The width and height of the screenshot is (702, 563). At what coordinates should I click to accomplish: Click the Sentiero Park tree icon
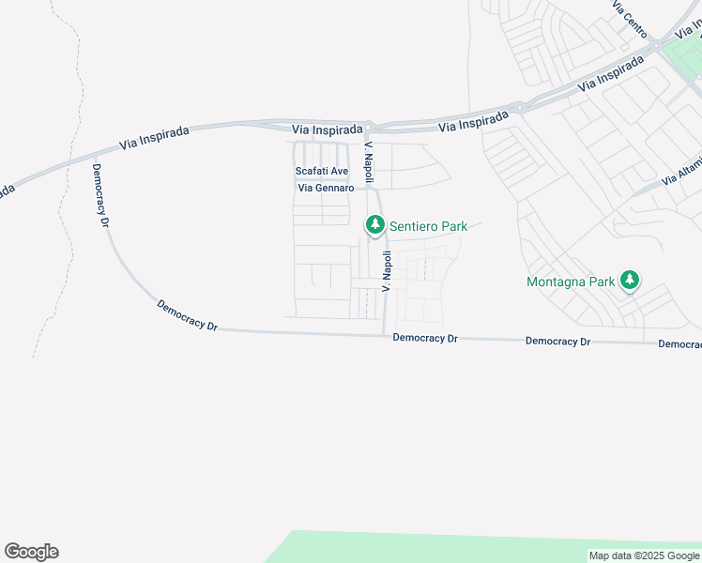[374, 225]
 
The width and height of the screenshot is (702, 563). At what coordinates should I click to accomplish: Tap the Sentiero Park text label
[428, 226]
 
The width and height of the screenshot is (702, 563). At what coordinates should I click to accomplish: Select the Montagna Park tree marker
[632, 281]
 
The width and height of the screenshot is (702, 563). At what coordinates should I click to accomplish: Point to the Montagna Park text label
[571, 281]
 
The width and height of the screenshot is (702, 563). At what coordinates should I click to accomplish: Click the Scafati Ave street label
[322, 171]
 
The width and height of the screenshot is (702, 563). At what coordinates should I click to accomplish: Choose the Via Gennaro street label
[326, 188]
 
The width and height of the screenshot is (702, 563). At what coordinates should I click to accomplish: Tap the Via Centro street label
[630, 19]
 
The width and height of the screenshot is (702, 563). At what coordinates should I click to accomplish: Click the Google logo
[31, 552]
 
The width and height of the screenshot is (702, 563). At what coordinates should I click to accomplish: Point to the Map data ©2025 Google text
[644, 556]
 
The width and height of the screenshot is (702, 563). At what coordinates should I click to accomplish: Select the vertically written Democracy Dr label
[101, 195]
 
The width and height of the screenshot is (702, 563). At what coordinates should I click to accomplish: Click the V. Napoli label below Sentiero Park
[386, 270]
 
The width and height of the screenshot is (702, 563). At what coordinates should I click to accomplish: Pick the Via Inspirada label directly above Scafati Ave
[327, 129]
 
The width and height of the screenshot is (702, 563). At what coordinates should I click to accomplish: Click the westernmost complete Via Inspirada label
[155, 138]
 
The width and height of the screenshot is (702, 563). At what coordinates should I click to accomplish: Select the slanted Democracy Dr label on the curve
[187, 316]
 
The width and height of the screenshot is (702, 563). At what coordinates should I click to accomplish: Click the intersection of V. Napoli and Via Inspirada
[370, 126]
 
